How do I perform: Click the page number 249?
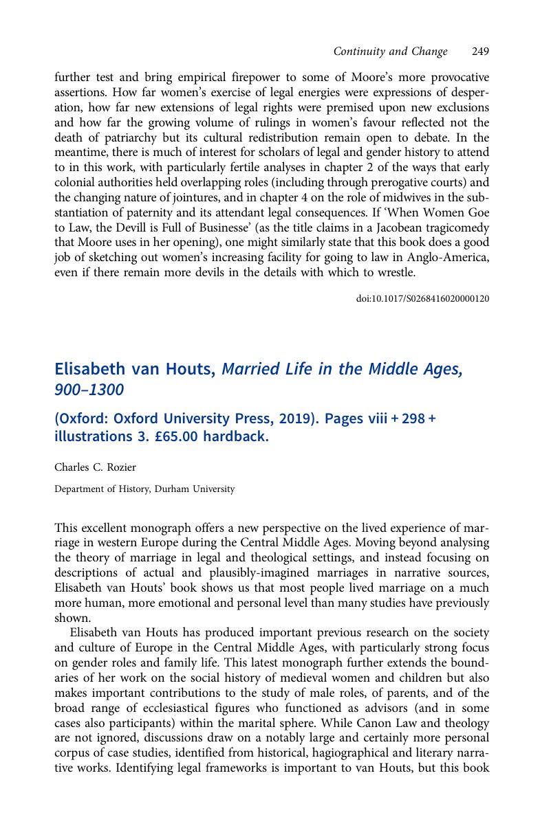[481, 52]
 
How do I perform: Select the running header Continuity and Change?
[390, 52]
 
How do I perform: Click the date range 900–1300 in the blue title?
[89, 390]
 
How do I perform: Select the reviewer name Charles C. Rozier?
[95, 467]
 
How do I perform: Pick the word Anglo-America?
[453, 258]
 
